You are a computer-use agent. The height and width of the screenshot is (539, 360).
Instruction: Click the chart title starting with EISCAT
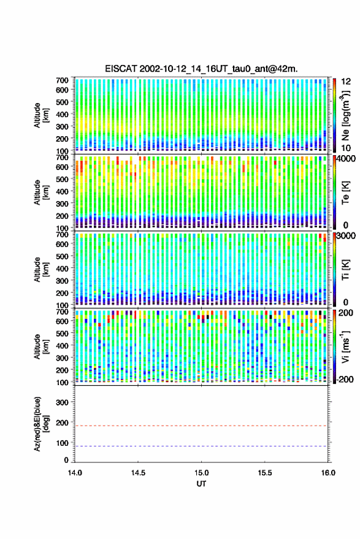coord(201,69)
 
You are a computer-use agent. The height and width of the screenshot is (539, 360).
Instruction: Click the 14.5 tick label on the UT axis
coord(138,473)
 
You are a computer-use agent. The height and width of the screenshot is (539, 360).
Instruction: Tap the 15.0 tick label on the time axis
coord(202,473)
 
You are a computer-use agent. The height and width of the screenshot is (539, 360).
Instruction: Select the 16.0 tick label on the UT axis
coord(328,473)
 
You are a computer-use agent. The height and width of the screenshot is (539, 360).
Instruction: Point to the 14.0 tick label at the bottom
coord(75,473)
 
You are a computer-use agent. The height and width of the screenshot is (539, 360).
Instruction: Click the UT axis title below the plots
coord(202,484)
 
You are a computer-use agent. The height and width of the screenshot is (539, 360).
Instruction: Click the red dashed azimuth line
coord(202,426)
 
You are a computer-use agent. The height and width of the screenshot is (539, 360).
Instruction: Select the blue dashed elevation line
coord(202,446)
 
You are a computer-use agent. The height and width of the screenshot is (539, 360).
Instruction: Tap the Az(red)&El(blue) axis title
coord(41,424)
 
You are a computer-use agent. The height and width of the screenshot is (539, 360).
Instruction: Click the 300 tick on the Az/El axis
coord(62,402)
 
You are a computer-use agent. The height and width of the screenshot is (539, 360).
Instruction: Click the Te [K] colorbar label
coord(345,193)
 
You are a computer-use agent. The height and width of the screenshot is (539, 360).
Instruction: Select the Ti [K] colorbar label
coord(345,270)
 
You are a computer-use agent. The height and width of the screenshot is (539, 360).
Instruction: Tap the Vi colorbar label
coord(345,346)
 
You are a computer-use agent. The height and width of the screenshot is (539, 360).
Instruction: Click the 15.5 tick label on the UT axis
coord(265,473)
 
